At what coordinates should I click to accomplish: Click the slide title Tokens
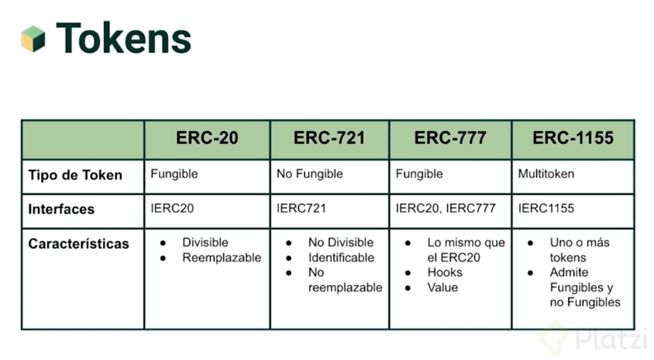124,38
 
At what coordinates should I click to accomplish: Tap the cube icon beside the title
33,39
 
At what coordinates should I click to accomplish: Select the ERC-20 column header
207,137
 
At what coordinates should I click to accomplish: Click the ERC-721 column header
329,137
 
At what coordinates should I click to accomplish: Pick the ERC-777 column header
450,137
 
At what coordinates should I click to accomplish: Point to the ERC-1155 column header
573,137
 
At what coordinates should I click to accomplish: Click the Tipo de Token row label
75,175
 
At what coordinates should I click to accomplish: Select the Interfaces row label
62,209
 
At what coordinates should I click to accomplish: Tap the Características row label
78,244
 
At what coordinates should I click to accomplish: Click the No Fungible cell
310,174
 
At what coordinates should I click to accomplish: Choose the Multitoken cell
546,174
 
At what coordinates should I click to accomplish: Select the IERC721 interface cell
301,208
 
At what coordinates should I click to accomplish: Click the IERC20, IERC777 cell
446,208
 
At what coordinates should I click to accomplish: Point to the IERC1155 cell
546,208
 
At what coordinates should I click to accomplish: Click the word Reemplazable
222,258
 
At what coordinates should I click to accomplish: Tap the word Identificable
341,258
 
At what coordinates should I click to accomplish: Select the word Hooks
445,273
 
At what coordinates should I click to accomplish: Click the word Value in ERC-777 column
442,287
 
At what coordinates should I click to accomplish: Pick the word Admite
569,273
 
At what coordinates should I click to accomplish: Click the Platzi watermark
592,339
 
